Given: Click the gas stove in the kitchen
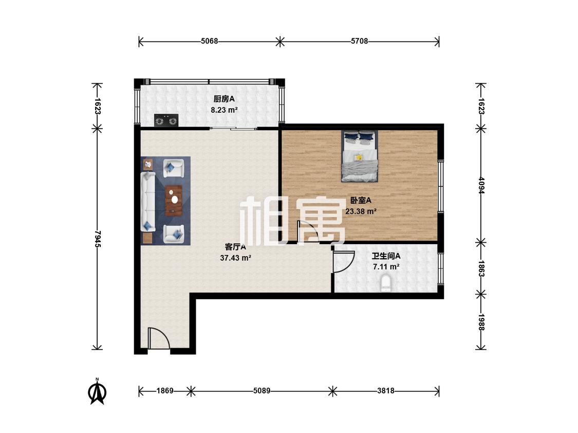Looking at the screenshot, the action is (x=166, y=121).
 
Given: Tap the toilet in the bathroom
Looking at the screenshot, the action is (x=386, y=283).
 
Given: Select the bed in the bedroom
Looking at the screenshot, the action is (x=360, y=156).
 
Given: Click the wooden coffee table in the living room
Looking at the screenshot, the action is (x=174, y=200).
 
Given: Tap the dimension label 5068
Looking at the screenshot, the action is (x=210, y=41).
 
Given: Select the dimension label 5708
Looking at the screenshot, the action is (x=359, y=41).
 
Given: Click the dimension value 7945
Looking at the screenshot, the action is (x=98, y=239).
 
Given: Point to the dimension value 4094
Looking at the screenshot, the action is (x=481, y=185).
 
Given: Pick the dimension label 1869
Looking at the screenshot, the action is (x=164, y=390).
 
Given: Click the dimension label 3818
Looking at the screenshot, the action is (x=385, y=390).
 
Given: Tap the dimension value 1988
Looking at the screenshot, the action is (x=481, y=322).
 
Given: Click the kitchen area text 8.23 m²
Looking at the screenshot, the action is (x=224, y=110).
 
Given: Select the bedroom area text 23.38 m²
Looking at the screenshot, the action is (x=361, y=211).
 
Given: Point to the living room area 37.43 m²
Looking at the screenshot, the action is (x=235, y=258).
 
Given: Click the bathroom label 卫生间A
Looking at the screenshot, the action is (x=386, y=256).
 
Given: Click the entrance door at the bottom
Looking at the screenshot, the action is (x=159, y=338).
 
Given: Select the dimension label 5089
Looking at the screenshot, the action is (x=262, y=390).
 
